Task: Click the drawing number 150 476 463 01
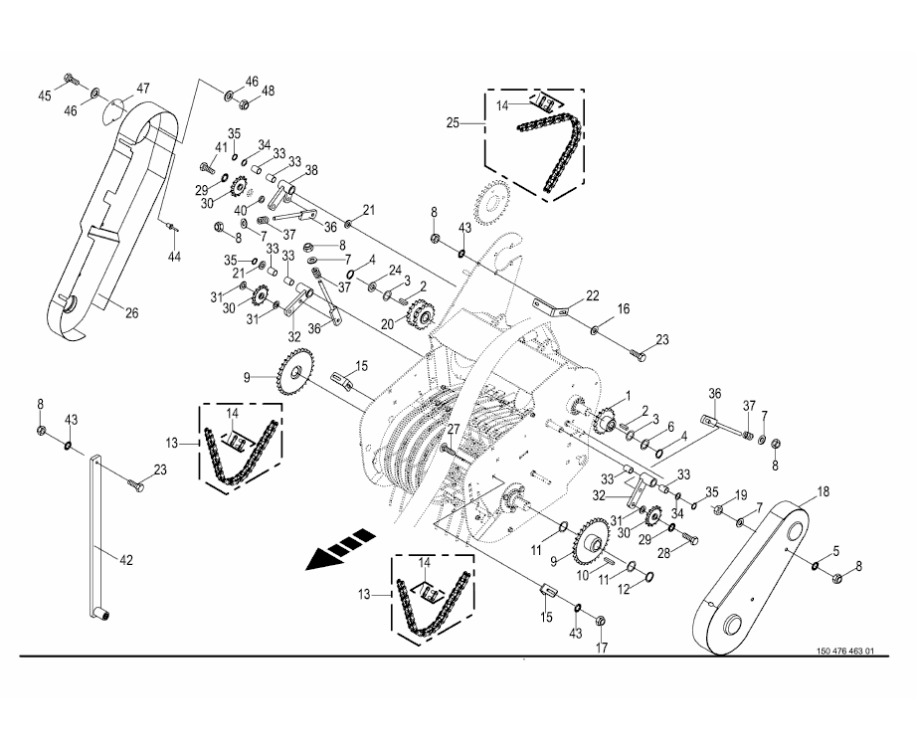point(845,652)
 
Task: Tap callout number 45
point(45,95)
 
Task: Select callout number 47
point(143,89)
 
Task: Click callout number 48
point(269,92)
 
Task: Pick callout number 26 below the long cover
point(131,313)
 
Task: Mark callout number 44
point(174,257)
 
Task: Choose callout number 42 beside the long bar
point(126,560)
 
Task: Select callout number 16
point(624,310)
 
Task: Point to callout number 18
point(823,491)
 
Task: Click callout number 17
point(600,650)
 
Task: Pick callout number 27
point(453,429)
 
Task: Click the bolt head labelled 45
point(68,78)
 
